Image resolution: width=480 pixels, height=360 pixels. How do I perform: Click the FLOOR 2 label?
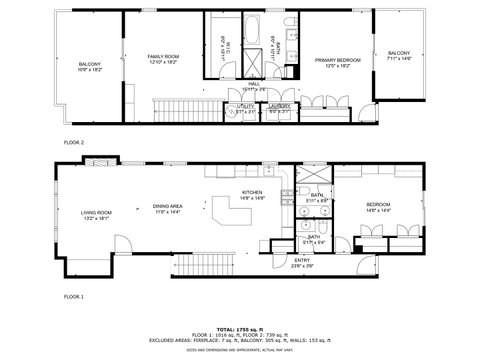tap(74, 143)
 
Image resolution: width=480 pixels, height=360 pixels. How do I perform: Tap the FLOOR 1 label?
tap(74, 297)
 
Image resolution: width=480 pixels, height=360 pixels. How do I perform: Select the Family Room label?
tap(163, 59)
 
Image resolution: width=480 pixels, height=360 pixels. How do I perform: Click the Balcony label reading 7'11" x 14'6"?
tap(399, 56)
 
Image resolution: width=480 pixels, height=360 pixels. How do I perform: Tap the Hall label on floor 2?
tap(254, 86)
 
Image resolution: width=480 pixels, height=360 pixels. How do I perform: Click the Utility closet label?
tap(246, 110)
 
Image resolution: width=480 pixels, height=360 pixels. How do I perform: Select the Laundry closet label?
tap(279, 108)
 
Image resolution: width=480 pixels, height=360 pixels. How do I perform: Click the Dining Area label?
tap(167, 209)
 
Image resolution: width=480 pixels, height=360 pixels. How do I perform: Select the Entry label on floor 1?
tap(302, 263)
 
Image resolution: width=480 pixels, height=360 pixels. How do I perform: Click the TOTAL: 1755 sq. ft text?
tap(240, 327)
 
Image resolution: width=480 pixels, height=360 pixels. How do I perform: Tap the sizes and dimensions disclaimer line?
tap(240, 350)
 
